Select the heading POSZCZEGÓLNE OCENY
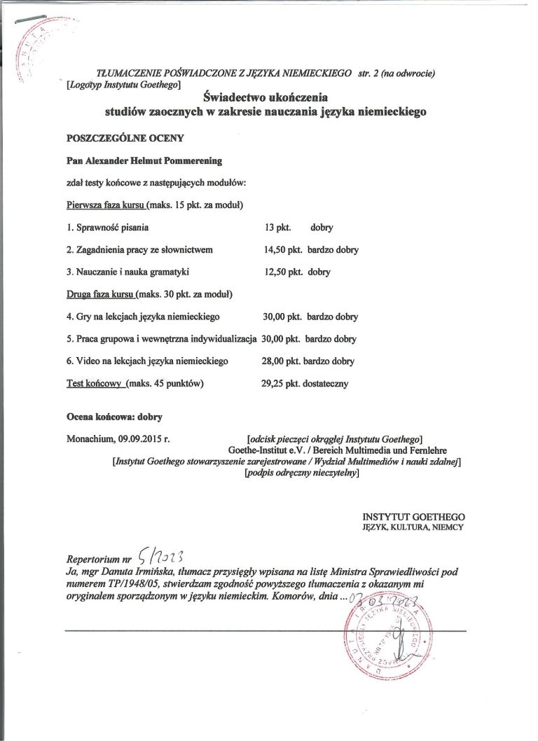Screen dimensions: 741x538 tap(113, 137)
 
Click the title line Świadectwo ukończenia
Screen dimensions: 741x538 tap(265, 97)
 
